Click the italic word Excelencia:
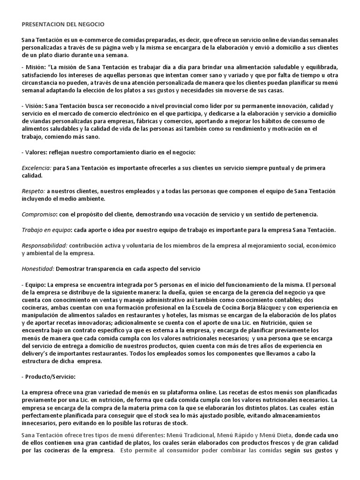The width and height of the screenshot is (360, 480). click(37, 168)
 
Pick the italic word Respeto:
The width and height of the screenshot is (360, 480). click(33, 191)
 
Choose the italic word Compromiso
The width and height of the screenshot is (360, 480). click(39, 214)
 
